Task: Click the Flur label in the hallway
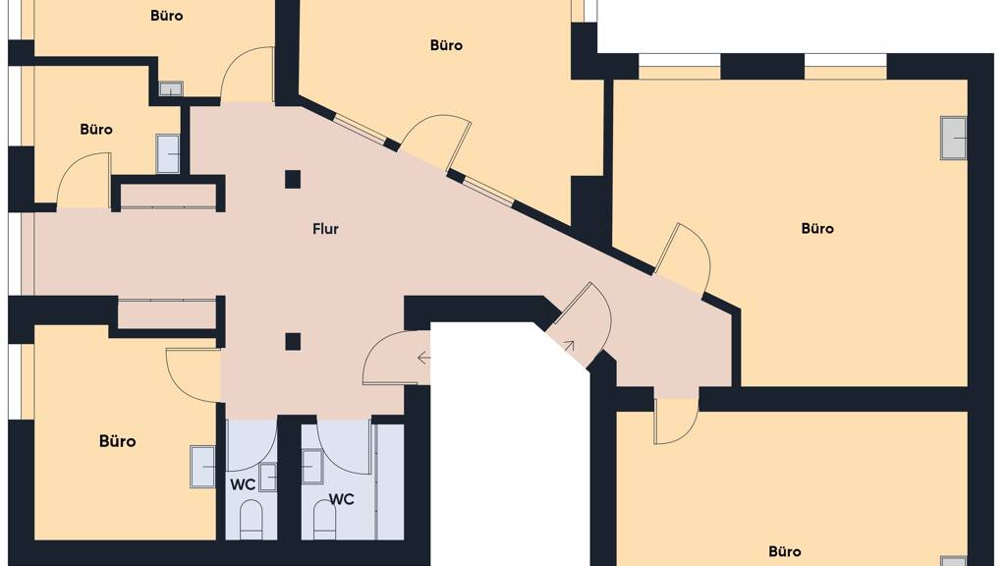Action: pyautogui.click(x=325, y=229)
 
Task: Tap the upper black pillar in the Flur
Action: pyautogui.click(x=293, y=179)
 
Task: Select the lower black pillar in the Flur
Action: pyautogui.click(x=293, y=341)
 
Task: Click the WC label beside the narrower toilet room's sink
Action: pyautogui.click(x=243, y=485)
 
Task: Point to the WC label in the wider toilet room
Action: pyautogui.click(x=341, y=499)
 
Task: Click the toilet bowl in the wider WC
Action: pyautogui.click(x=324, y=520)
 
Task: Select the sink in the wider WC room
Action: pyautogui.click(x=312, y=467)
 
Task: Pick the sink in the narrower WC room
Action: pyautogui.click(x=267, y=477)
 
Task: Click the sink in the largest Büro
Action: pyautogui.click(x=953, y=138)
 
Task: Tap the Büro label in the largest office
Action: pyautogui.click(x=817, y=228)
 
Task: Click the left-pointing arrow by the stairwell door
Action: pyautogui.click(x=423, y=358)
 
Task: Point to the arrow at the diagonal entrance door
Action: pyautogui.click(x=569, y=347)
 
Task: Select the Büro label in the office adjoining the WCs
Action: pyautogui.click(x=118, y=441)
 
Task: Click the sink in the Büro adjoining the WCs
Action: pyautogui.click(x=202, y=467)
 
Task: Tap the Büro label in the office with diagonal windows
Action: pyautogui.click(x=447, y=45)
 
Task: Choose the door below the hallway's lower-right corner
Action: pyautogui.click(x=676, y=421)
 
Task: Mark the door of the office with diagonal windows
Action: pyautogui.click(x=437, y=138)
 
